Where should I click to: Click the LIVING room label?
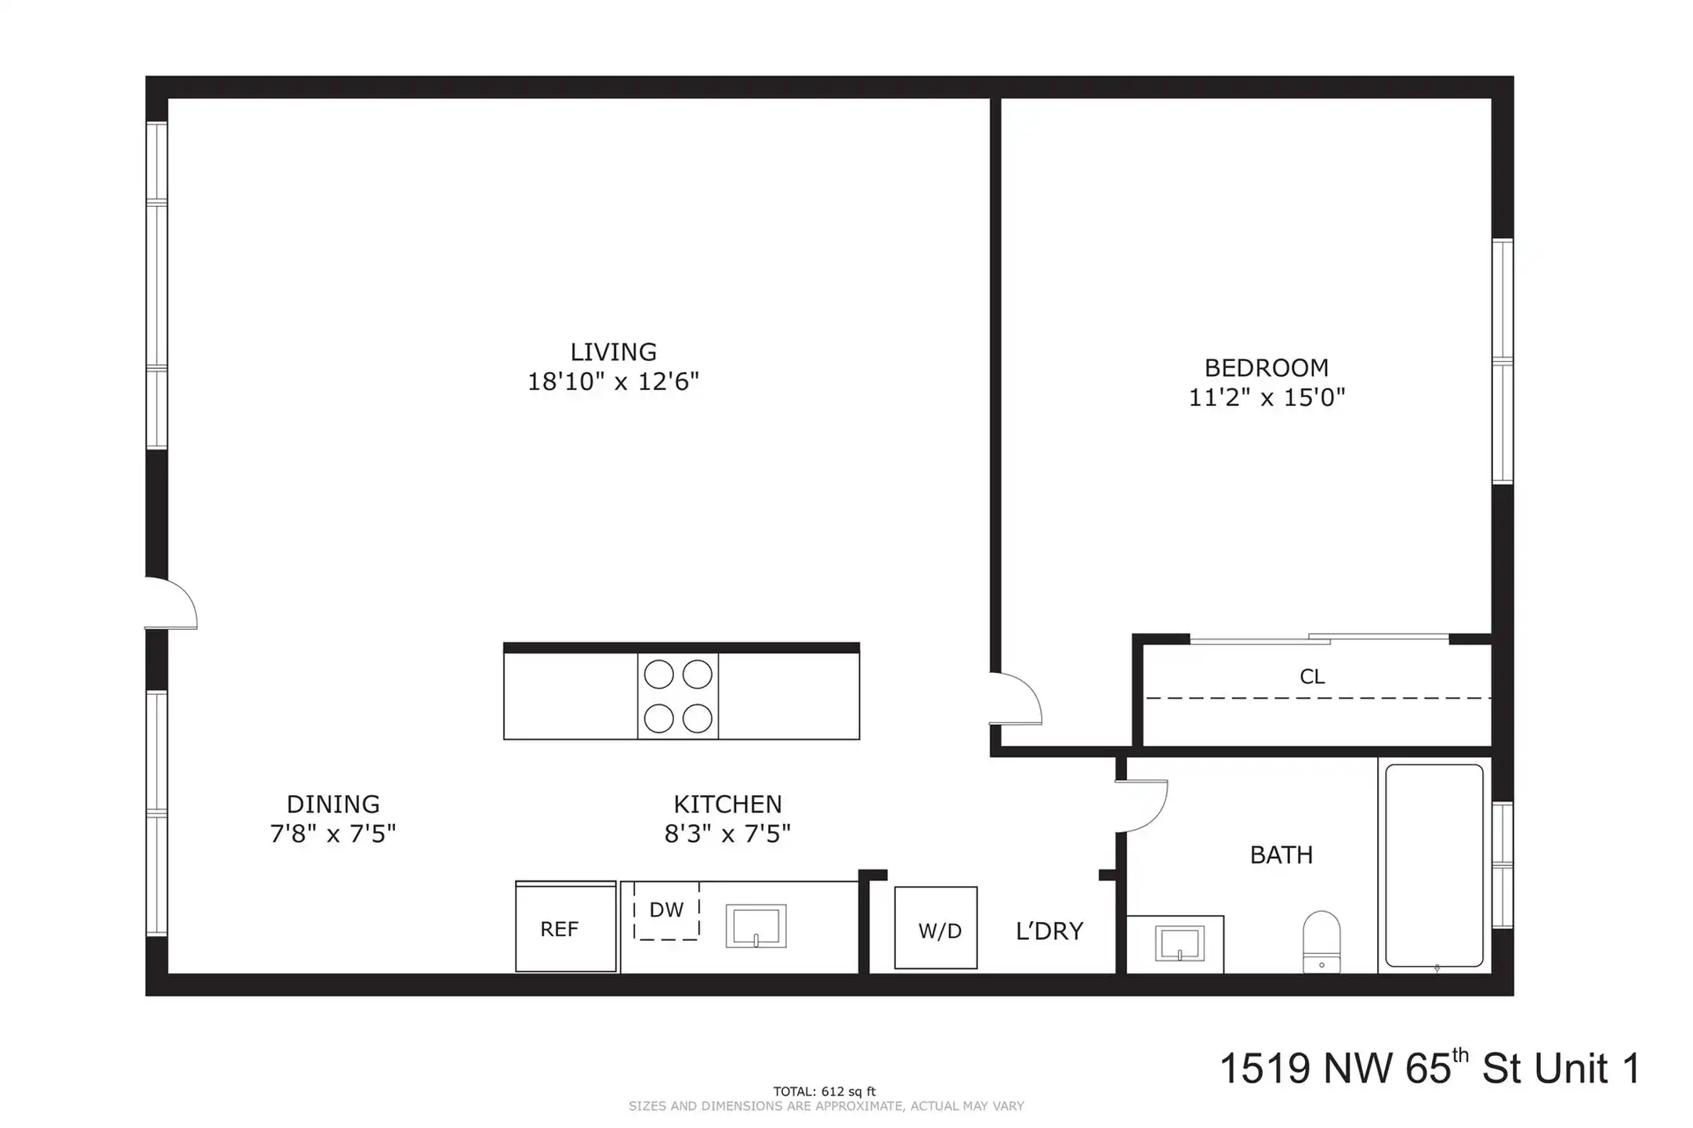pos(613,352)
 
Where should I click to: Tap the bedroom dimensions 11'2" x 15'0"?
pos(1267,397)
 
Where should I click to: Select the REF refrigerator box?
pos(565,927)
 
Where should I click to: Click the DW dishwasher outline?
pos(666,910)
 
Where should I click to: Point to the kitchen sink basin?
pos(756,926)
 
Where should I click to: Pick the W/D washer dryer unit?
pos(936,927)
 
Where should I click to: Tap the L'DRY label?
pos(1050,931)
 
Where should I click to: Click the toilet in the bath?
pos(1321,942)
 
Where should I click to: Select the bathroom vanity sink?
pos(1179,944)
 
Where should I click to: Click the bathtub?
pos(1434,866)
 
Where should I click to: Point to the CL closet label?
pos(1312,677)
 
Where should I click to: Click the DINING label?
pos(333,804)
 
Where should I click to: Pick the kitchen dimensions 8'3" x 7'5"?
pos(727,834)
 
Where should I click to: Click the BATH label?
pos(1282,855)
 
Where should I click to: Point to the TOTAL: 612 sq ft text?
pos(825,1091)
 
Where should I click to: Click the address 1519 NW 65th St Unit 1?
pos(1430,1068)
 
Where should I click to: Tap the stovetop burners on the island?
pos(678,696)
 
